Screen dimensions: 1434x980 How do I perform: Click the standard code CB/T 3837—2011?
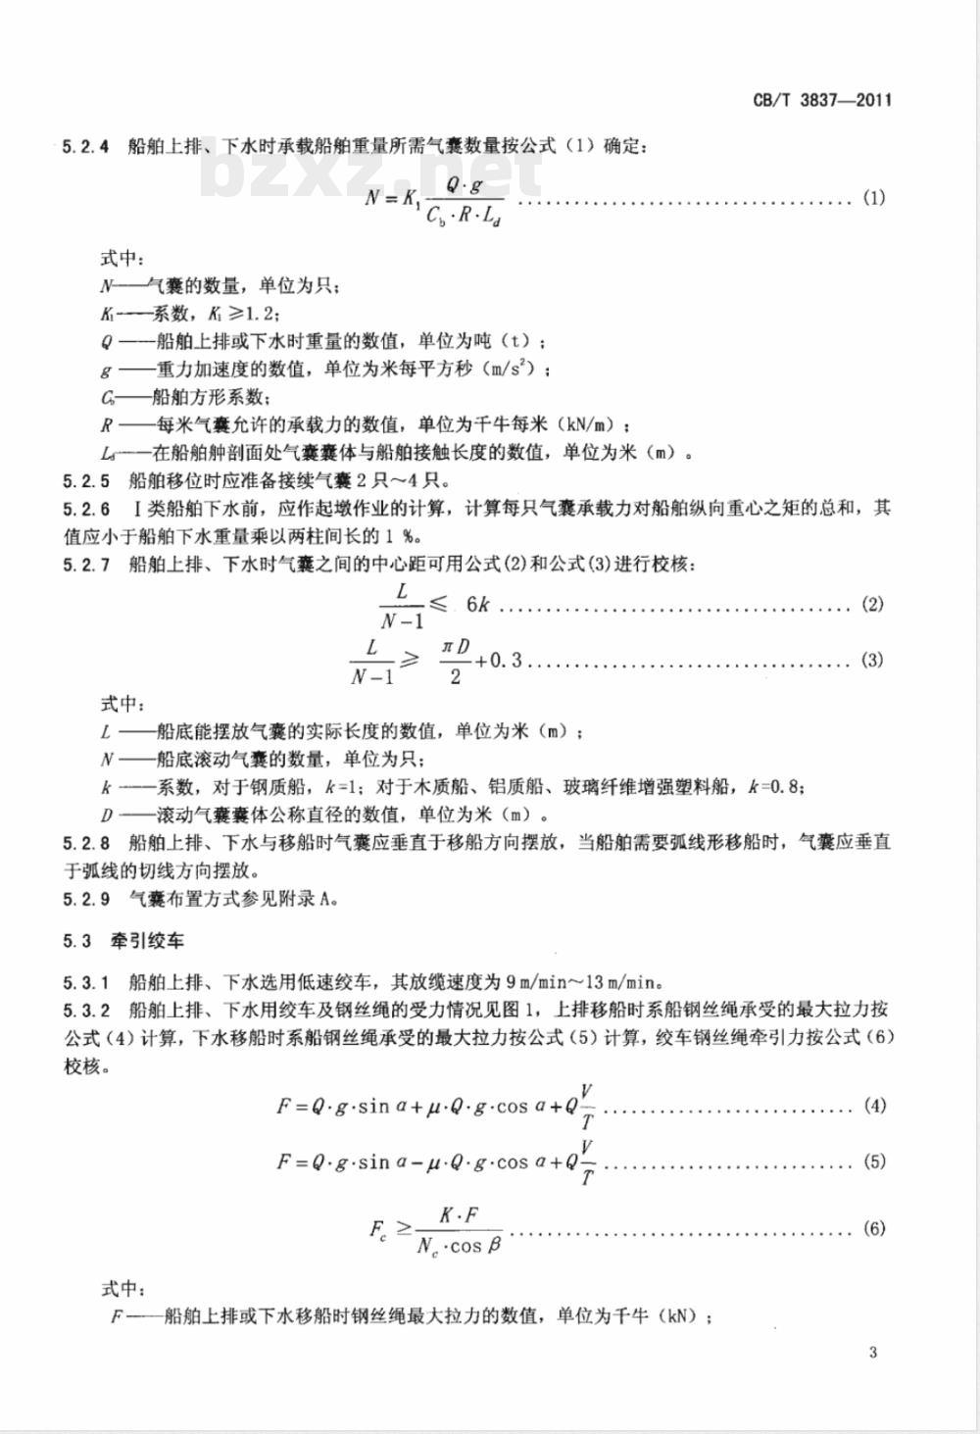pos(822,100)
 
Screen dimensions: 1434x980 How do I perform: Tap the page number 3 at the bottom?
pos(873,1354)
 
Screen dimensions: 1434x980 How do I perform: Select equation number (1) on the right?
pos(873,198)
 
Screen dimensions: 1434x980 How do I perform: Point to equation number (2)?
pos(872,604)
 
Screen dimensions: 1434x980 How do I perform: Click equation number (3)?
pos(872,660)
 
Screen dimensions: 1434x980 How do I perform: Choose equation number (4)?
pos(874,1106)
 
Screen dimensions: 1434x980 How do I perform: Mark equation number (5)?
pos(874,1162)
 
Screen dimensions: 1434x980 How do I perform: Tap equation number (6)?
pos(874,1228)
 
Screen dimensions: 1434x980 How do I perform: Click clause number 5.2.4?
pos(85,147)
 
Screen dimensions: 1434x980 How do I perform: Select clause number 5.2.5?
pos(85,481)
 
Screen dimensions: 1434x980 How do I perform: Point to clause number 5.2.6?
pos(85,509)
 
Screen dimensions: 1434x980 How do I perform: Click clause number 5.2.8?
pos(85,842)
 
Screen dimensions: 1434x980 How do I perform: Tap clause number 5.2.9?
pos(85,897)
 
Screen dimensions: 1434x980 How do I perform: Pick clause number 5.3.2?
pos(85,1009)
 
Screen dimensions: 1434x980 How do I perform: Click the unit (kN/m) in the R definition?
pos(589,425)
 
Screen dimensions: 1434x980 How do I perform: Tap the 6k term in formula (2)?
pos(477,604)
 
